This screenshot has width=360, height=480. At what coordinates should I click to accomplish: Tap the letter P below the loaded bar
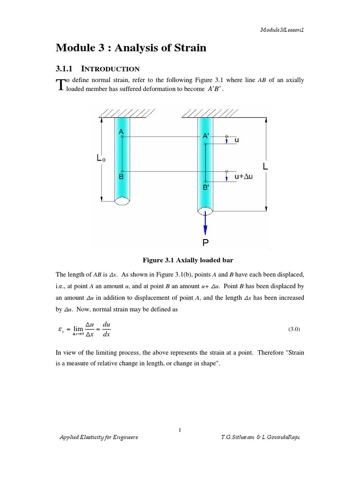tap(205, 243)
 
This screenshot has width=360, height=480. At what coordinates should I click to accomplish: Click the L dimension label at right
tap(265, 166)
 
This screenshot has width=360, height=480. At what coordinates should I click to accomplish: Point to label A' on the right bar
tap(206, 136)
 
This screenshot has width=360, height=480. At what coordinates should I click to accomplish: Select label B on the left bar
tap(121, 178)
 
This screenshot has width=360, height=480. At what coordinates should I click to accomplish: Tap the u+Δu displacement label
tap(244, 176)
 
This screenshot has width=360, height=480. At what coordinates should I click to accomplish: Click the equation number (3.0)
tap(294, 330)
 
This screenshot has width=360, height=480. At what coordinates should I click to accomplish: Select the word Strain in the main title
tap(190, 48)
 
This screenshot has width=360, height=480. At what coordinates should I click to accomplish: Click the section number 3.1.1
tap(65, 69)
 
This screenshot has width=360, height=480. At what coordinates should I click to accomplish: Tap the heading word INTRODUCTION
tap(113, 69)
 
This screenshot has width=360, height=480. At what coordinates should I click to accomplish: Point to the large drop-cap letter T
tap(60, 85)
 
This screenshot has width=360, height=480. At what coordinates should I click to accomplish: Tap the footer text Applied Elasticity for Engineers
tap(98, 437)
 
